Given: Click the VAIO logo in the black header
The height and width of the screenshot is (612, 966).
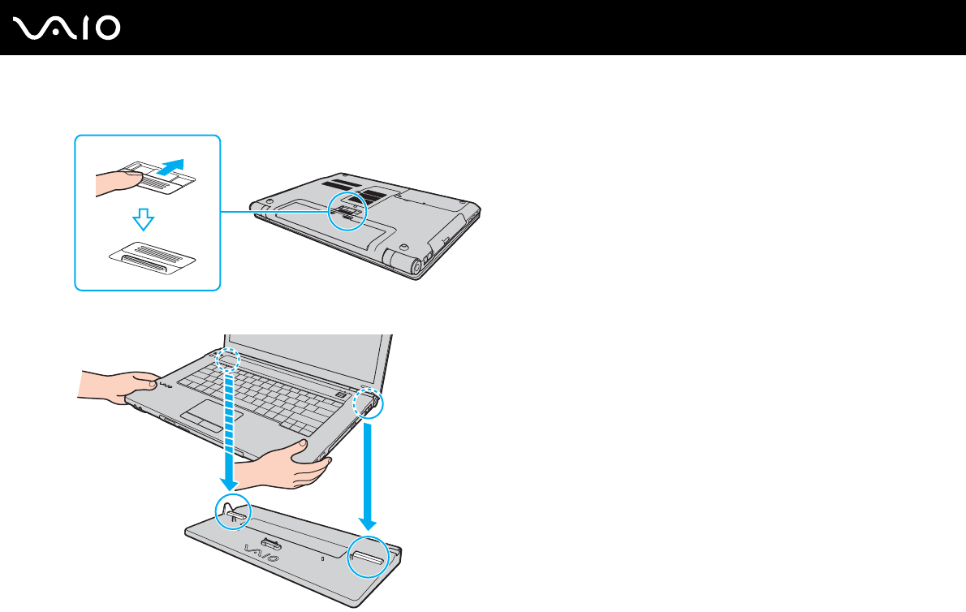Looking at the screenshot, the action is pos(67,28).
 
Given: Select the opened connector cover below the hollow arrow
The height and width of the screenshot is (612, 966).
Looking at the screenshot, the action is pos(153,258).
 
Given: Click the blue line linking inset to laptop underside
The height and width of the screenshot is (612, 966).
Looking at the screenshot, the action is pos(274,213).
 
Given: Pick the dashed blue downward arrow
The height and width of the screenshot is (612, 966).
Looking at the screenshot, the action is pos(232,422).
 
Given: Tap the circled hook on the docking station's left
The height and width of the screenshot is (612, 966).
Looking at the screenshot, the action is pos(231,511).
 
